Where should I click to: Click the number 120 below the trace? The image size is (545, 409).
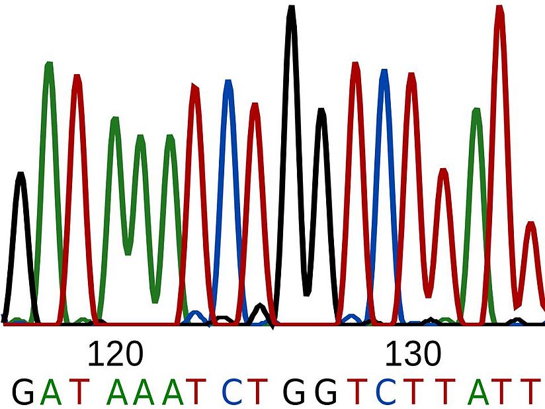click(115, 355)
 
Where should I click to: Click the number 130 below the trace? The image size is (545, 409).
click(413, 355)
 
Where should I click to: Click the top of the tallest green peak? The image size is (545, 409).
click(48, 64)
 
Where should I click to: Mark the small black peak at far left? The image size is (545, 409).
click(21, 175)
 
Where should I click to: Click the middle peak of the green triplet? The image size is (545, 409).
click(140, 138)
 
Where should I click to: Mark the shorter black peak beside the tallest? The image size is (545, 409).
click(321, 111)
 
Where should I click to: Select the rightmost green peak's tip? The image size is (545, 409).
click(476, 111)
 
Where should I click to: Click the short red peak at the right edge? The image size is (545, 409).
click(529, 225)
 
